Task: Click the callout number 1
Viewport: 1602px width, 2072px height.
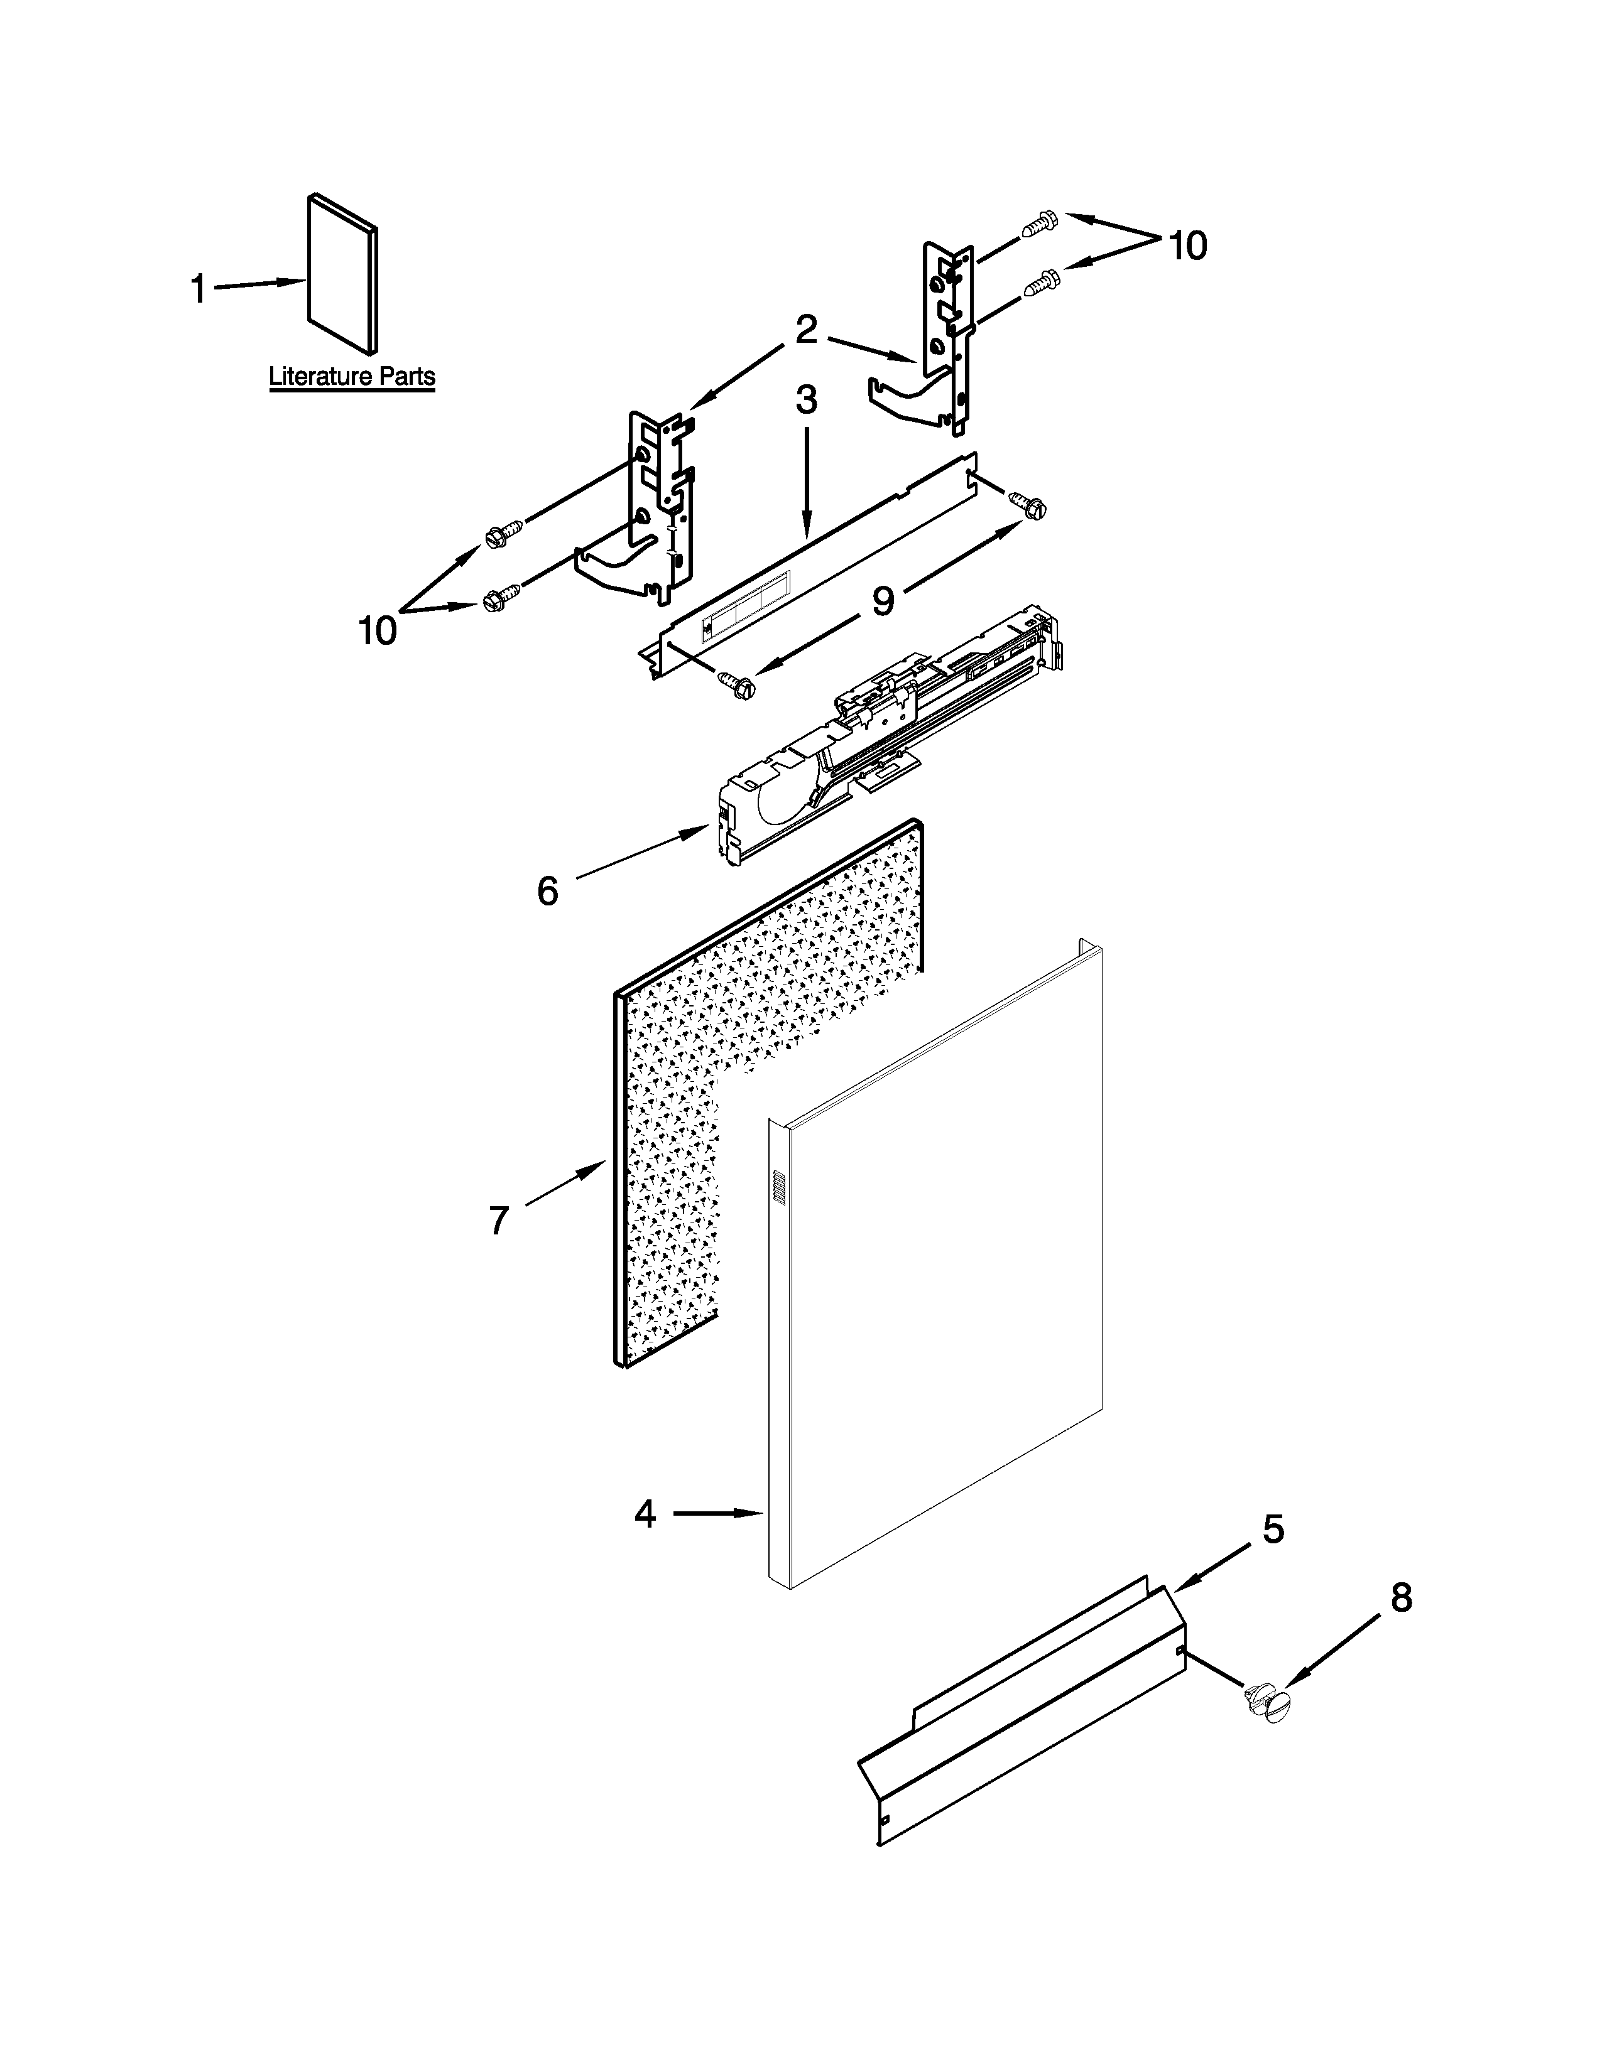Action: click(x=199, y=288)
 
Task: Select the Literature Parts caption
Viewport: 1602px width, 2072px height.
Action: click(x=351, y=377)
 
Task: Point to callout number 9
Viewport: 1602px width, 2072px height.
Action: click(x=883, y=600)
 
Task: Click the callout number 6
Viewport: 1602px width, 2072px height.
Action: click(x=548, y=890)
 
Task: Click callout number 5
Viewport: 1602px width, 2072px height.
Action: click(x=1273, y=1528)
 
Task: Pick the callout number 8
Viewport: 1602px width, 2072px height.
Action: click(x=1401, y=1598)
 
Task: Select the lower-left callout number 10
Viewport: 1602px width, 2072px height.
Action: click(x=377, y=630)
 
